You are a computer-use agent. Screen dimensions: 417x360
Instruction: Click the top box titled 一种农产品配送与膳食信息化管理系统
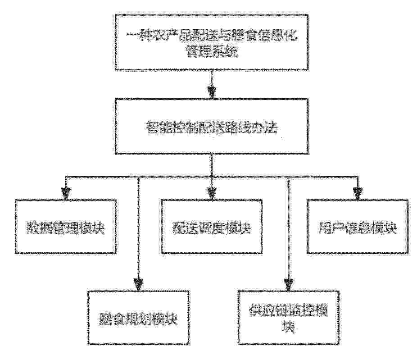point(212,42)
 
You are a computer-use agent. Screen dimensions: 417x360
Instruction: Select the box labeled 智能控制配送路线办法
point(212,126)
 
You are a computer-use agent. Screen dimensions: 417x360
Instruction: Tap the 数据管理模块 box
point(65,227)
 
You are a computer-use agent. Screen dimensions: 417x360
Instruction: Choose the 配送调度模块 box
point(212,227)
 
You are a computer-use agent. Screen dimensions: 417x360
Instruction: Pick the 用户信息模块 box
point(358,227)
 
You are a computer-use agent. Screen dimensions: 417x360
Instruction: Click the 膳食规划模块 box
point(139,318)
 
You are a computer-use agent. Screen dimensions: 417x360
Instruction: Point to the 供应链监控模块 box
point(289,318)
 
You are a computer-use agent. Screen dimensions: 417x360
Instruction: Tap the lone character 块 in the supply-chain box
point(289,327)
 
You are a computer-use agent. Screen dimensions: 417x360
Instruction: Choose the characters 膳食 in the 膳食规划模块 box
point(112,319)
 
